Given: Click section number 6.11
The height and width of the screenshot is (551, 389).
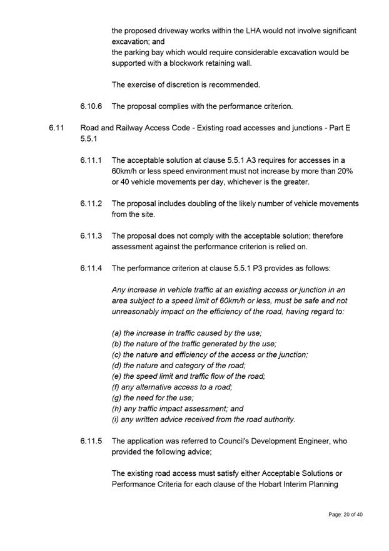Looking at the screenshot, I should click(56, 128).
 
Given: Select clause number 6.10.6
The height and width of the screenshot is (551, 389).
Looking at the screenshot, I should click(92, 106).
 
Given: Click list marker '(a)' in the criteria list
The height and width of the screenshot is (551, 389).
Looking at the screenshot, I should click(117, 333).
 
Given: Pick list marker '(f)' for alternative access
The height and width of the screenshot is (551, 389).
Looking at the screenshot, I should click(116, 387).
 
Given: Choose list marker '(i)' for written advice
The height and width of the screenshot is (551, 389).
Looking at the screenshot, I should click(116, 420).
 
